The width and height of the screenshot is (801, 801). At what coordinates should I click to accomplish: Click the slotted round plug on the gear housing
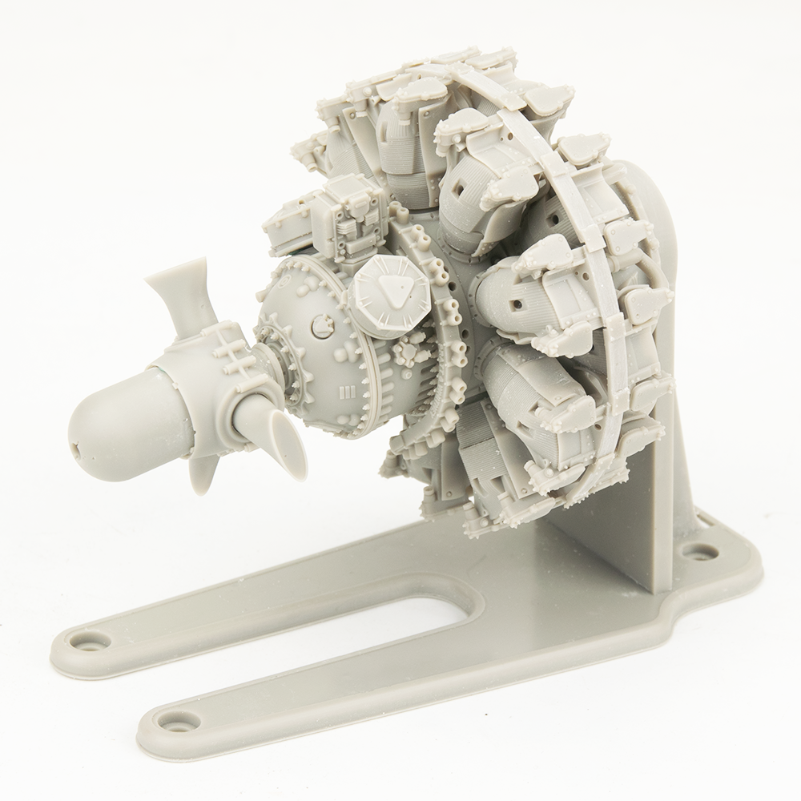322,324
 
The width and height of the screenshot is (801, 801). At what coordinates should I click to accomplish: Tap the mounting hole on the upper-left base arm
87,640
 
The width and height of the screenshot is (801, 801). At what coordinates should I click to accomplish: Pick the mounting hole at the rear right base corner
702,552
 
